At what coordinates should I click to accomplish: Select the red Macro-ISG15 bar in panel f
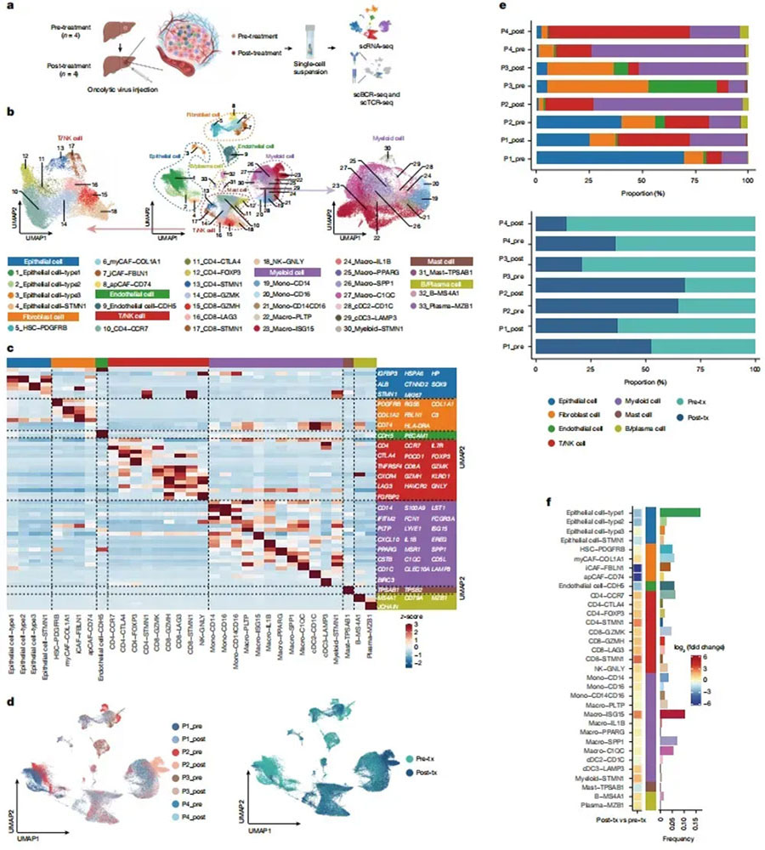tap(671, 691)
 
